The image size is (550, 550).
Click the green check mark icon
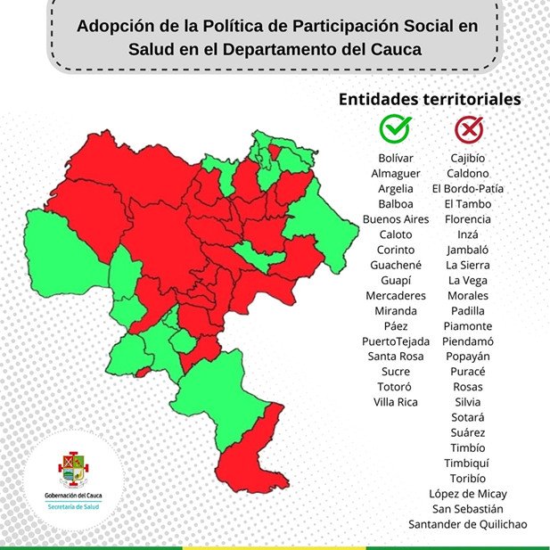click(x=395, y=130)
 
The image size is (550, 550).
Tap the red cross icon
click(x=468, y=130)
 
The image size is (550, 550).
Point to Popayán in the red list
click(x=468, y=356)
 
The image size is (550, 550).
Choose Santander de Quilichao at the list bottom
click(x=468, y=524)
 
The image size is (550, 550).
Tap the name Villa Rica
click(x=396, y=402)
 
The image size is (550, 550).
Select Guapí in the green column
click(x=396, y=280)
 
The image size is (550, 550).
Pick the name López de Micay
click(x=468, y=494)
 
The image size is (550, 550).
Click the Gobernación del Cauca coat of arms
click(x=72, y=466)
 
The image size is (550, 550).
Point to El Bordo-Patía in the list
click(x=468, y=189)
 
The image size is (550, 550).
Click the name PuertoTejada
click(x=396, y=341)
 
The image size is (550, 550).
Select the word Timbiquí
click(x=468, y=463)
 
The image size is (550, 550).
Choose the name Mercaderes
click(x=396, y=295)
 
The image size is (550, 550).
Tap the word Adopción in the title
click(x=113, y=25)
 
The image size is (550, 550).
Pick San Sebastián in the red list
click(x=468, y=509)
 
